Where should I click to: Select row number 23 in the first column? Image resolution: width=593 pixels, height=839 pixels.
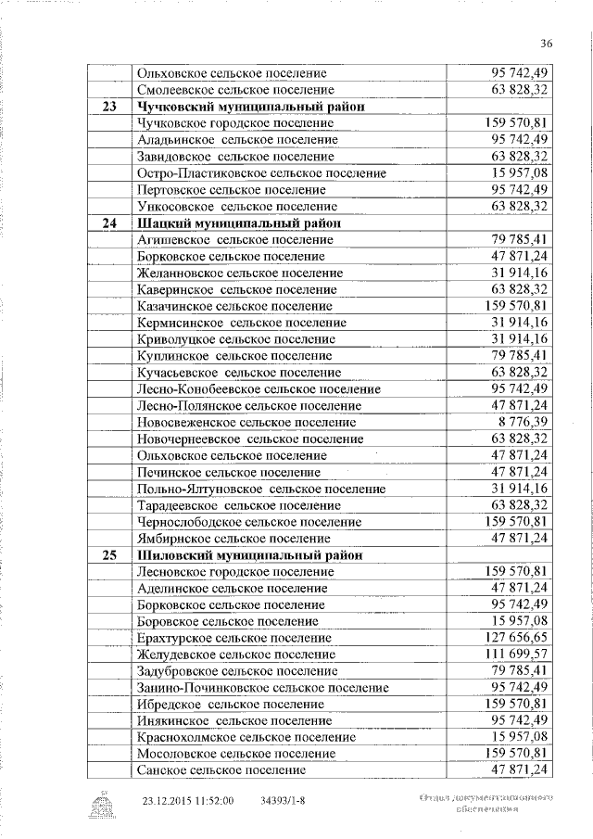[108, 107]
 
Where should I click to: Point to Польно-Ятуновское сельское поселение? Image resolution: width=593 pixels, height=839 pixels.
[260, 489]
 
